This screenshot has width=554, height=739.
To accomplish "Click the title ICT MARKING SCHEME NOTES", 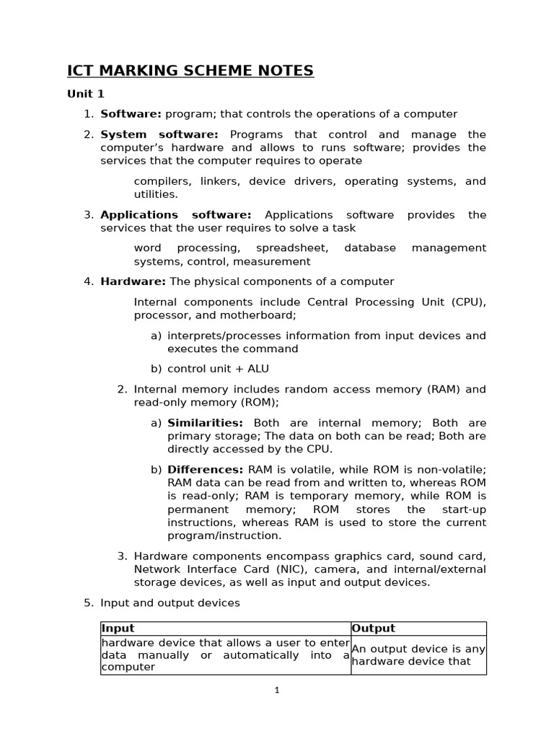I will tap(190, 71).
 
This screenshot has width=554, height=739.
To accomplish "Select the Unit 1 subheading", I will tap(86, 94).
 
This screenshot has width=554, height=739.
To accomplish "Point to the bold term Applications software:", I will tap(175, 214).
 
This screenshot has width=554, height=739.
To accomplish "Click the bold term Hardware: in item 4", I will tap(133, 281).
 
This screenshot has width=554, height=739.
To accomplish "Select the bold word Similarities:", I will tap(205, 423).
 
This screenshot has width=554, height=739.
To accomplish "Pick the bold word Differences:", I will tap(206, 470).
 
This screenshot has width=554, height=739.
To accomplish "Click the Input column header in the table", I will tap(118, 629).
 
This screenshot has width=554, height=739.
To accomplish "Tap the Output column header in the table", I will tap(374, 629).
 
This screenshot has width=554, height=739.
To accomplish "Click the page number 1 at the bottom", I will tap(277, 690).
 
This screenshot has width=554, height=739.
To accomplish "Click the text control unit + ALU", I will tap(218, 369).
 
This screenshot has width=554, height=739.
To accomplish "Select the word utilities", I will tap(155, 194).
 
